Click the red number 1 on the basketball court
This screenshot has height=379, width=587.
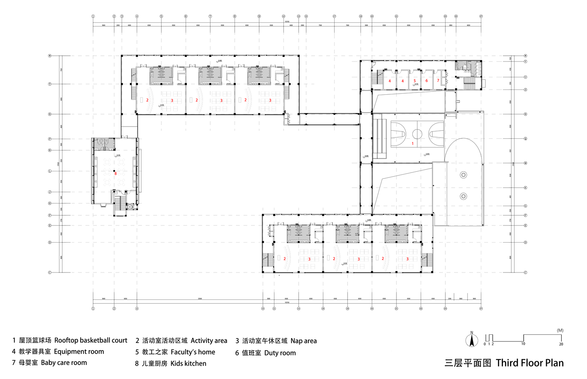(x=413, y=144)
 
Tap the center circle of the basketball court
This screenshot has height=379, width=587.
(x=417, y=134)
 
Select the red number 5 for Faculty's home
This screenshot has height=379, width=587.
(x=415, y=81)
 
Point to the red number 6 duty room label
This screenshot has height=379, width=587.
(x=426, y=81)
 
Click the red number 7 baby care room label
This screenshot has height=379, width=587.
(x=438, y=80)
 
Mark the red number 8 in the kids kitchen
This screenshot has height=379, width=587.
(x=116, y=174)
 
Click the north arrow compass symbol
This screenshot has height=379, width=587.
(x=472, y=341)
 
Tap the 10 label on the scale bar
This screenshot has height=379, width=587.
(x=523, y=344)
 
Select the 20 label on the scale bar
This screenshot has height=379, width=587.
(x=561, y=344)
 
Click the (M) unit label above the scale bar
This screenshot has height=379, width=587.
(x=560, y=330)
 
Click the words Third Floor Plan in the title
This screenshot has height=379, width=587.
(x=529, y=363)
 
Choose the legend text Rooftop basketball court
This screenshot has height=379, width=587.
(x=91, y=340)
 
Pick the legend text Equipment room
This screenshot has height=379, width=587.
(x=79, y=352)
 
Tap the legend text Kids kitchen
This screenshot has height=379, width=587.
(x=188, y=363)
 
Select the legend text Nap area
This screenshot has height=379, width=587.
(x=303, y=341)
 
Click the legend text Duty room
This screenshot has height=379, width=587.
(x=280, y=353)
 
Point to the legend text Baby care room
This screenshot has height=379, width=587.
(x=64, y=363)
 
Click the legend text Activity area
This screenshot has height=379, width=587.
(x=209, y=341)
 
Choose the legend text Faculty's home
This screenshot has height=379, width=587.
(x=193, y=352)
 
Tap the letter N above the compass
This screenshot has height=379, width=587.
(x=472, y=333)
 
